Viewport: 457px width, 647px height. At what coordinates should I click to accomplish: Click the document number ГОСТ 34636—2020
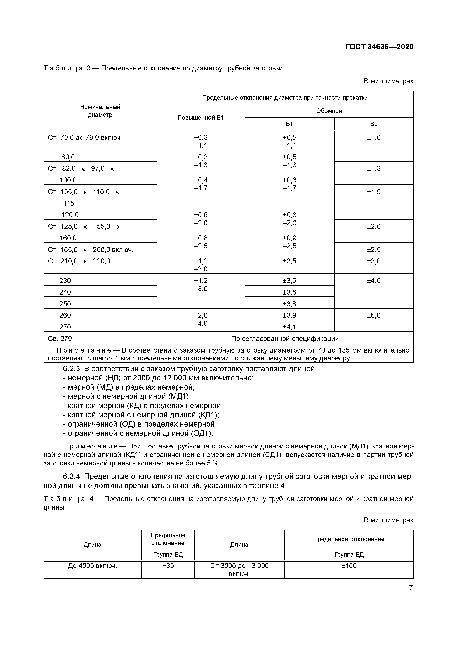tap(379, 47)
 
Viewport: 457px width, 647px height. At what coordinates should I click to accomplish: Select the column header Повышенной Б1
tap(201, 118)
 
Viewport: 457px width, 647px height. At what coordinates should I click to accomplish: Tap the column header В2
tap(374, 124)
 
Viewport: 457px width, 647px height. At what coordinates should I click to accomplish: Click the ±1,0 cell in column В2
tap(374, 137)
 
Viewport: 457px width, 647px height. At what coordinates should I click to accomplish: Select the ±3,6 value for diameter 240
tap(289, 292)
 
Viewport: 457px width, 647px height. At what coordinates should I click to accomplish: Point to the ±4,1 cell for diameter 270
tap(289, 327)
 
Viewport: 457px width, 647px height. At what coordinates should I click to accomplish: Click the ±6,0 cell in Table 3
tap(374, 315)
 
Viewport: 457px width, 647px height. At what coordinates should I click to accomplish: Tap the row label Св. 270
tap(60, 338)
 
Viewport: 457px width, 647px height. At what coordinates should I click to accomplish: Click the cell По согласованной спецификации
tap(285, 338)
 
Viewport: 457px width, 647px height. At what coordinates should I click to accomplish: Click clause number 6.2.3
tap(72, 369)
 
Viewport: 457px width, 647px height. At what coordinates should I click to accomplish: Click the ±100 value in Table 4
tap(349, 566)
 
